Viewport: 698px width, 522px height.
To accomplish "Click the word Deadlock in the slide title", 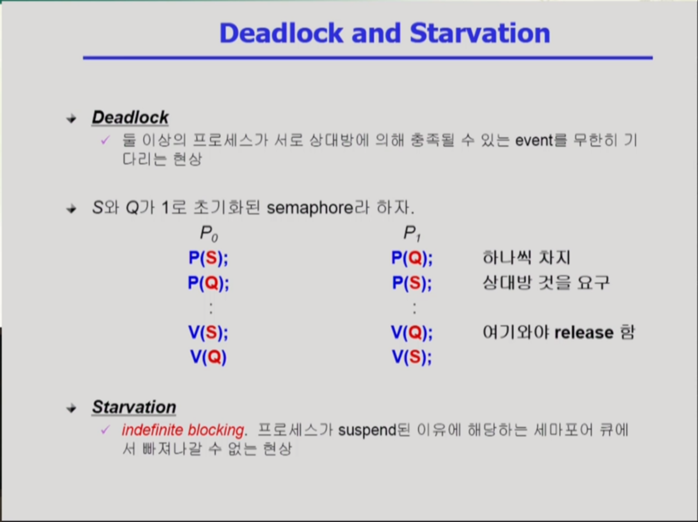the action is coord(281,33).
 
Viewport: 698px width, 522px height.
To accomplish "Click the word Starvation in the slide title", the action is coord(480,33).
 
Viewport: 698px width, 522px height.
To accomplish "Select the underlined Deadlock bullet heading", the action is coord(130,117).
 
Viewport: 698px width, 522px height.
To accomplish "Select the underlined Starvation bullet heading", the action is coord(134,407).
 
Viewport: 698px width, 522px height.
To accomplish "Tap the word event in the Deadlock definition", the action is coord(534,140).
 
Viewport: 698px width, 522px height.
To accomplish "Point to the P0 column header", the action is coord(209,234).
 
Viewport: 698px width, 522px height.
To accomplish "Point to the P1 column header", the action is coord(412,234).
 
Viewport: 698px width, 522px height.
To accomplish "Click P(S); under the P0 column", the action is coord(208,258).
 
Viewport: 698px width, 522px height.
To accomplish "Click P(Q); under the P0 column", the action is coord(208,283).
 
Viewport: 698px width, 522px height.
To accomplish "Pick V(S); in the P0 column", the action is coord(208,332).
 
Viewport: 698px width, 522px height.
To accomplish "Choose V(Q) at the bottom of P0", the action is coord(208,357).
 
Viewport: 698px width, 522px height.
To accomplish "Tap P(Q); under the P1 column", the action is coord(412,258).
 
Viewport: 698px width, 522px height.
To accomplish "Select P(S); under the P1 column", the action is coord(412,283).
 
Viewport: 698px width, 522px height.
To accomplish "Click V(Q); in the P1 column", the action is coord(412,332).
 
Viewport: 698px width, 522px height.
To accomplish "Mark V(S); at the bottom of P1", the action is coord(412,357).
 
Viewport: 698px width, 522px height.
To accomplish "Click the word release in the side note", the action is coord(584,333).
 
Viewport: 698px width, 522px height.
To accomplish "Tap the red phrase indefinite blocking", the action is coord(183,430).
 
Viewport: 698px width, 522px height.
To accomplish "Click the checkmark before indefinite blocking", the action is coord(105,429).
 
